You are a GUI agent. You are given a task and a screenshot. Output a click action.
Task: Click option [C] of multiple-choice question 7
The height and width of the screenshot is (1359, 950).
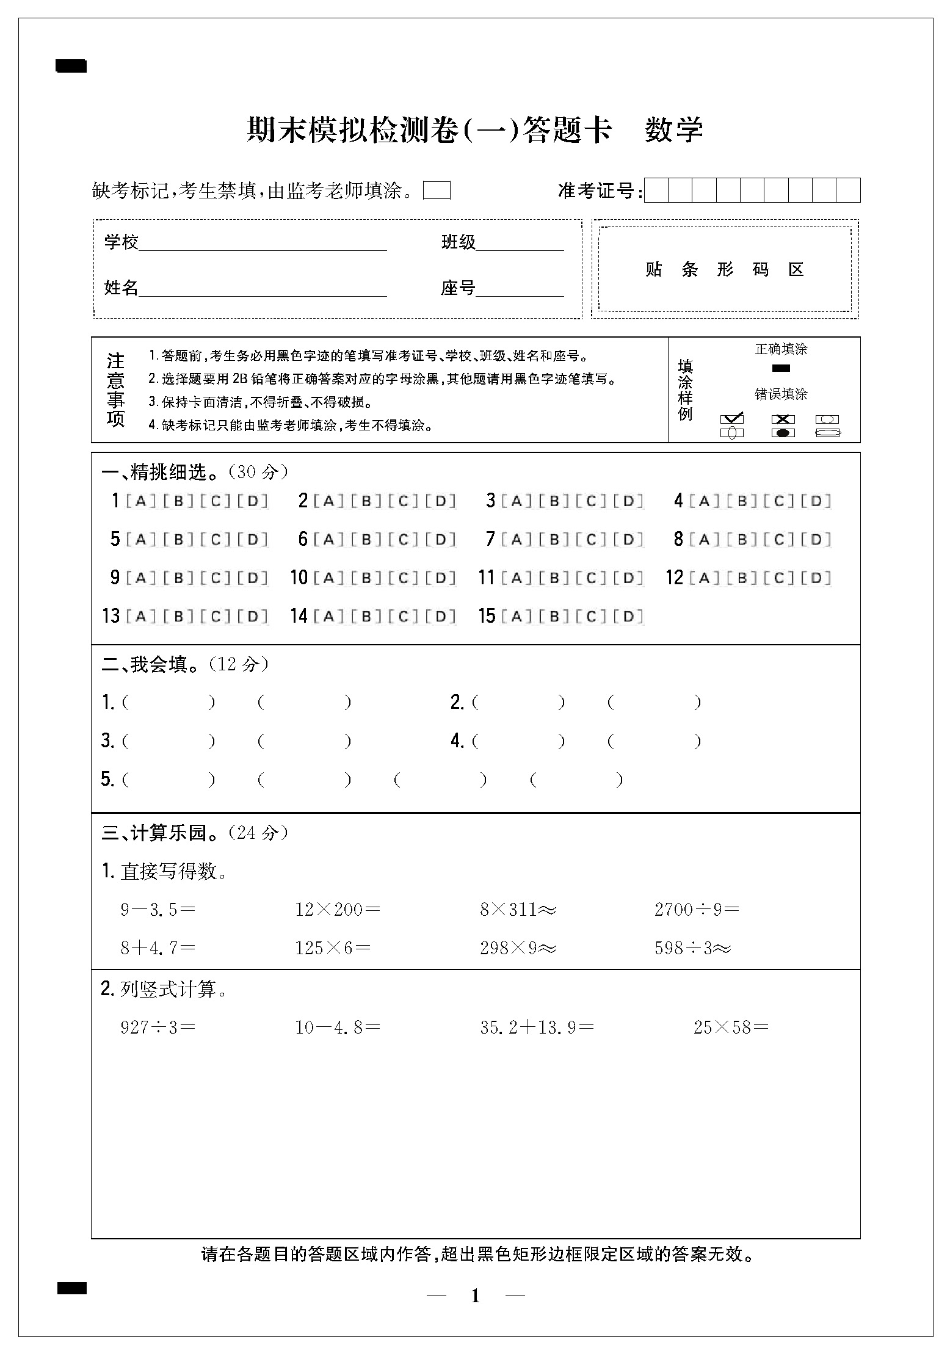pyautogui.click(x=591, y=540)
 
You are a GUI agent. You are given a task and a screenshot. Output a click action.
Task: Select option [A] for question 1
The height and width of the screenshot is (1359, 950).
pyautogui.click(x=140, y=502)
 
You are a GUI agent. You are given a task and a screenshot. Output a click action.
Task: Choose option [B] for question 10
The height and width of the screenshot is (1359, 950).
pyautogui.click(x=366, y=578)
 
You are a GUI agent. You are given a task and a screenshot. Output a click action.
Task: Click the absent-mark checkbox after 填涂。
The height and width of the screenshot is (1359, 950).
pyautogui.click(x=437, y=191)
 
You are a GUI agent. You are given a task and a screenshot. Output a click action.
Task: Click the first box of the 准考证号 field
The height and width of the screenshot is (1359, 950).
pyautogui.click(x=656, y=190)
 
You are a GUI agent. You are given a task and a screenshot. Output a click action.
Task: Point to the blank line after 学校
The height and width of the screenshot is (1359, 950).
pyautogui.click(x=263, y=244)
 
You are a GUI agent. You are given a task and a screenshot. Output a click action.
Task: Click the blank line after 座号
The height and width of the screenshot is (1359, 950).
pyautogui.click(x=519, y=290)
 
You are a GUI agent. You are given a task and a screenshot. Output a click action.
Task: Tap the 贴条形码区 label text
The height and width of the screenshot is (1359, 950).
pyautogui.click(x=725, y=269)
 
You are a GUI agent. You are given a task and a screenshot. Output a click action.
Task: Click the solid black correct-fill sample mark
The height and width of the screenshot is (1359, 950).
pyautogui.click(x=781, y=368)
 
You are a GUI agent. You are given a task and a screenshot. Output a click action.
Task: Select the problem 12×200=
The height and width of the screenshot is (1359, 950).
pyautogui.click(x=338, y=910)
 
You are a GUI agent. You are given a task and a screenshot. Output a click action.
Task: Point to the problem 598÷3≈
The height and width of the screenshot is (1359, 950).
pyautogui.click(x=692, y=948)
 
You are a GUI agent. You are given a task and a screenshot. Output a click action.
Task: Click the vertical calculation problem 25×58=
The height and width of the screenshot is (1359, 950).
pyautogui.click(x=730, y=1027)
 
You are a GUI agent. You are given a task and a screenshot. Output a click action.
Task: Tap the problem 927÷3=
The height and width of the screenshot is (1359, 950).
pyautogui.click(x=158, y=1027)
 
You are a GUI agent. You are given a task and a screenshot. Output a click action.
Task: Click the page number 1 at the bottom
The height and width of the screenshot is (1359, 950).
pyautogui.click(x=476, y=1296)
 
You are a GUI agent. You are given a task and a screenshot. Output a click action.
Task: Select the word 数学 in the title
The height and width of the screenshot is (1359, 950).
pyautogui.click(x=674, y=130)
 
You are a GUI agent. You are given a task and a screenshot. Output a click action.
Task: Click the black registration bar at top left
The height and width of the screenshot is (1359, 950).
pyautogui.click(x=71, y=66)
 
